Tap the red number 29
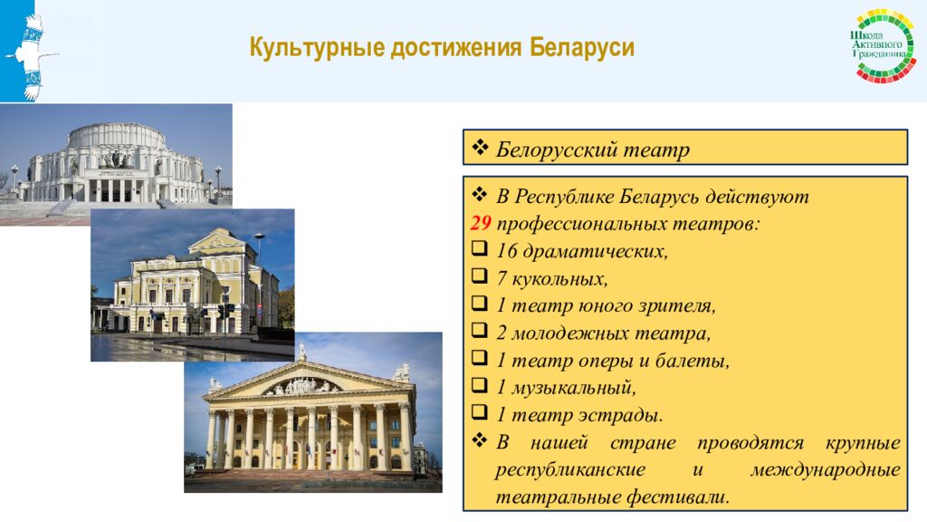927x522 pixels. (480, 224)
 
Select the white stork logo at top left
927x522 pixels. (32, 54)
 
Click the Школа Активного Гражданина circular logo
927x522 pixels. (885, 46)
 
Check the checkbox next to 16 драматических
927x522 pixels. (480, 251)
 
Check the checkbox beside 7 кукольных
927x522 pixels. (480, 278)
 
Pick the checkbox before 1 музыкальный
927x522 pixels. (480, 387)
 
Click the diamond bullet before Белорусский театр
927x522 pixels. (480, 149)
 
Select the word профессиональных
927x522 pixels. (579, 224)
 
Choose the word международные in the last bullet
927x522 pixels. (825, 470)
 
